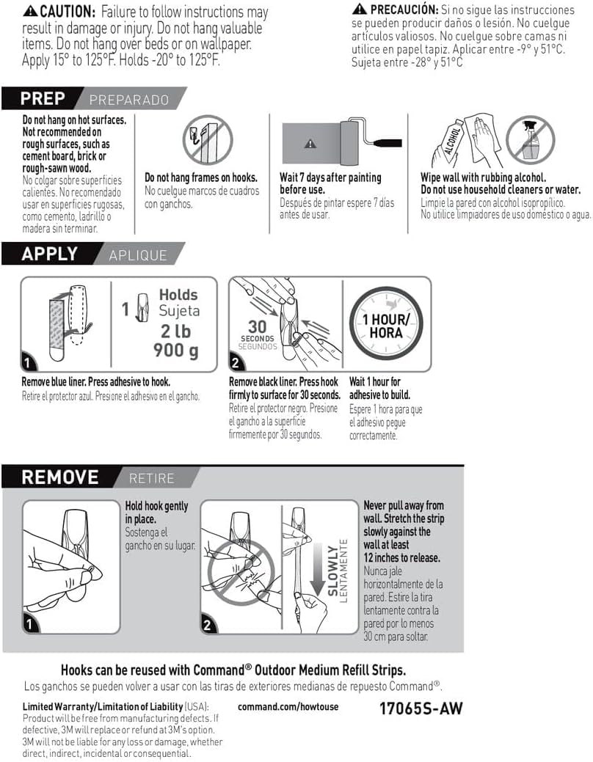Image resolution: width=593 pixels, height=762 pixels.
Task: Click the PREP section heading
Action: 43,98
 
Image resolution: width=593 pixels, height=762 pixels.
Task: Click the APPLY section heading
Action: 49,254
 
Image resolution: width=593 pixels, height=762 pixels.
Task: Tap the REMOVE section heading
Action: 59,477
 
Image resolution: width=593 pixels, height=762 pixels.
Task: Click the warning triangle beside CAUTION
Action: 30,12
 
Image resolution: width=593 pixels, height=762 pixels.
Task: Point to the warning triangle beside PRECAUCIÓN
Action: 359,9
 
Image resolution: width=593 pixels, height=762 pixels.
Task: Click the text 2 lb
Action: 177,331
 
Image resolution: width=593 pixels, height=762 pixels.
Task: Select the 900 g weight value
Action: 175,351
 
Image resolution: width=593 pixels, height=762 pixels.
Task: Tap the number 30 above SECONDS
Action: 257,326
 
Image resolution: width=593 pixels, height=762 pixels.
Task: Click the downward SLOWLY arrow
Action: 318,572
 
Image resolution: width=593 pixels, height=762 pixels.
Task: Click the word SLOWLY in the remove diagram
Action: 332,565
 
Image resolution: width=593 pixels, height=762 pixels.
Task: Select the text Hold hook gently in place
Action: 156,512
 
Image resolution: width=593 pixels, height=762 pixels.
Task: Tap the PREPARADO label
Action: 128,100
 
